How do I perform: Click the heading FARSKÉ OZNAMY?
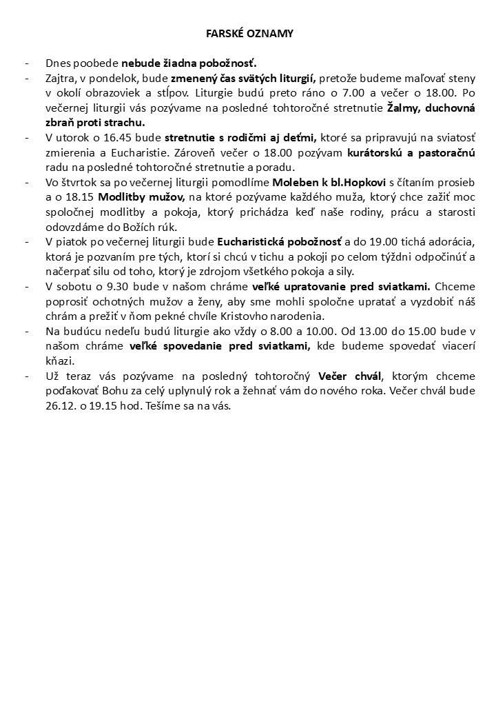249,33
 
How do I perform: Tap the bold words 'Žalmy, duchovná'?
431,108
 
